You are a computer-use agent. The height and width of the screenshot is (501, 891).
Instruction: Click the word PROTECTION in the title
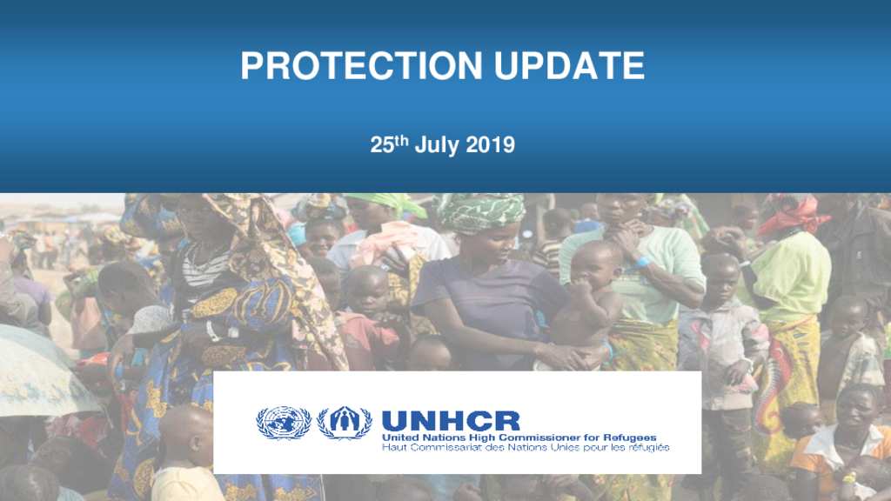361,66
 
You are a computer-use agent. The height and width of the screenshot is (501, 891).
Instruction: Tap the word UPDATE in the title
569,66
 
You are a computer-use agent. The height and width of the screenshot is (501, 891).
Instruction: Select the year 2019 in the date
490,145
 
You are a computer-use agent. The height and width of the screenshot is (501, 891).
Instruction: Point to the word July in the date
437,146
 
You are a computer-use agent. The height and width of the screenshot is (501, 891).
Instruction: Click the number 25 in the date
382,145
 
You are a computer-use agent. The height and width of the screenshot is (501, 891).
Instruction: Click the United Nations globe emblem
284,423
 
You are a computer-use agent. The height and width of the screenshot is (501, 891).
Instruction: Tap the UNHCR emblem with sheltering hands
345,423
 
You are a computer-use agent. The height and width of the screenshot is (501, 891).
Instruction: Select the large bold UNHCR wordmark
451,422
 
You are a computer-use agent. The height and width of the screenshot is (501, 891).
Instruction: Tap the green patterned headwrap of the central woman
480,212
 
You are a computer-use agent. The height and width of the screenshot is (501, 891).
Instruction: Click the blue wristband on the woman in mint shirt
643,262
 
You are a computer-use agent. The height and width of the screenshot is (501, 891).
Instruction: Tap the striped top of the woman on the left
204,271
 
